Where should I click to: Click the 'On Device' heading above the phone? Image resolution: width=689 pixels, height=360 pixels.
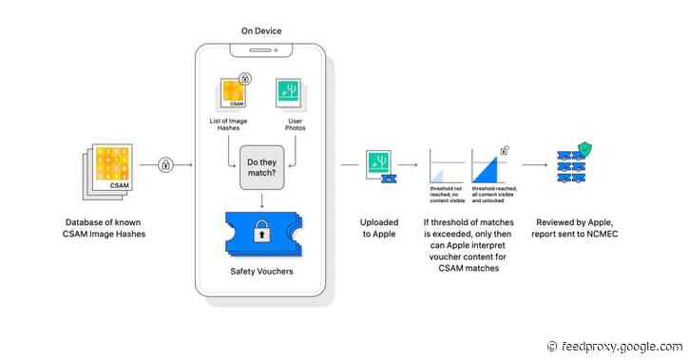261,31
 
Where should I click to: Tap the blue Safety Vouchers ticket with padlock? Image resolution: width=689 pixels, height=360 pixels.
260,234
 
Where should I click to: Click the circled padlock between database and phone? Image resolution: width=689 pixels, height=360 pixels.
164,166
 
